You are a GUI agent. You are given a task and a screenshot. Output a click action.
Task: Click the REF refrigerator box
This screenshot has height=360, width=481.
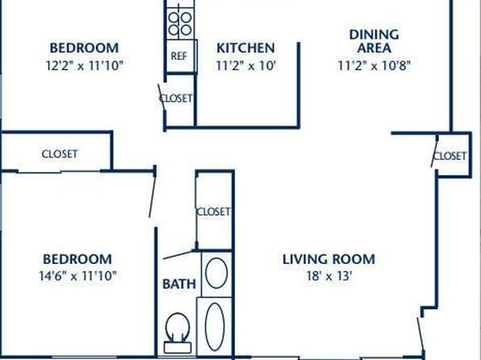[181, 56]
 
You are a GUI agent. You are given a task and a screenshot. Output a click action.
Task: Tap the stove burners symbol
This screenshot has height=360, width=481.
[180, 24]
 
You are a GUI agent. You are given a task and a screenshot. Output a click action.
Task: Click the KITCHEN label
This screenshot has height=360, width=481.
[245, 48]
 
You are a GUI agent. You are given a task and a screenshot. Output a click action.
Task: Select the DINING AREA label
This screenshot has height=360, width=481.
[374, 41]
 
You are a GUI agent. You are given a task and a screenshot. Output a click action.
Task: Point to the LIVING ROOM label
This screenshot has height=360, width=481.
[328, 259]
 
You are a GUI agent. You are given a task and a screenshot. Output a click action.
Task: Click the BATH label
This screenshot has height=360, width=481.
[179, 284]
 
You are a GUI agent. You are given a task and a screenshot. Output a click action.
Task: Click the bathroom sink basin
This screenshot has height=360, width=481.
[216, 273]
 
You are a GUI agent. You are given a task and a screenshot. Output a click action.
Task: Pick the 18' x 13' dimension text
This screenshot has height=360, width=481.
[328, 276]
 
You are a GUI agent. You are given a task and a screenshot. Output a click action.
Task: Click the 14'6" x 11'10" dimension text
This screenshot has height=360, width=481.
[78, 275]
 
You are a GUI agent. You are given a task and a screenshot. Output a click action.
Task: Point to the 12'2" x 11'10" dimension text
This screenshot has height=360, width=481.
[85, 65]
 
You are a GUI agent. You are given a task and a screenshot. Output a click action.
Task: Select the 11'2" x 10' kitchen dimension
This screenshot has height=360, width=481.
[245, 65]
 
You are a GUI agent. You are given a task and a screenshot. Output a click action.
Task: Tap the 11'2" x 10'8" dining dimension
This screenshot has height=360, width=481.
[374, 65]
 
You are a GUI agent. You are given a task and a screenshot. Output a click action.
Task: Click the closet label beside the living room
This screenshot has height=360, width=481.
[450, 157]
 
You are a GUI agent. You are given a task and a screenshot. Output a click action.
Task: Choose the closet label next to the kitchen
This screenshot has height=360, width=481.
[176, 98]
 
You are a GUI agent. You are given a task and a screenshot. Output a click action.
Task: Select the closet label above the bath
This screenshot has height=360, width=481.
[214, 211]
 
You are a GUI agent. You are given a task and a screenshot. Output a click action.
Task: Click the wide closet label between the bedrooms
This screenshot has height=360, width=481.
[60, 153]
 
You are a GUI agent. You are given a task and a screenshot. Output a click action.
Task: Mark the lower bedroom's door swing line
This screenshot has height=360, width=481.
[153, 194]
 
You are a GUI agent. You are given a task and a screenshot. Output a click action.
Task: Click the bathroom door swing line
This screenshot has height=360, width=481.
[178, 255]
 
